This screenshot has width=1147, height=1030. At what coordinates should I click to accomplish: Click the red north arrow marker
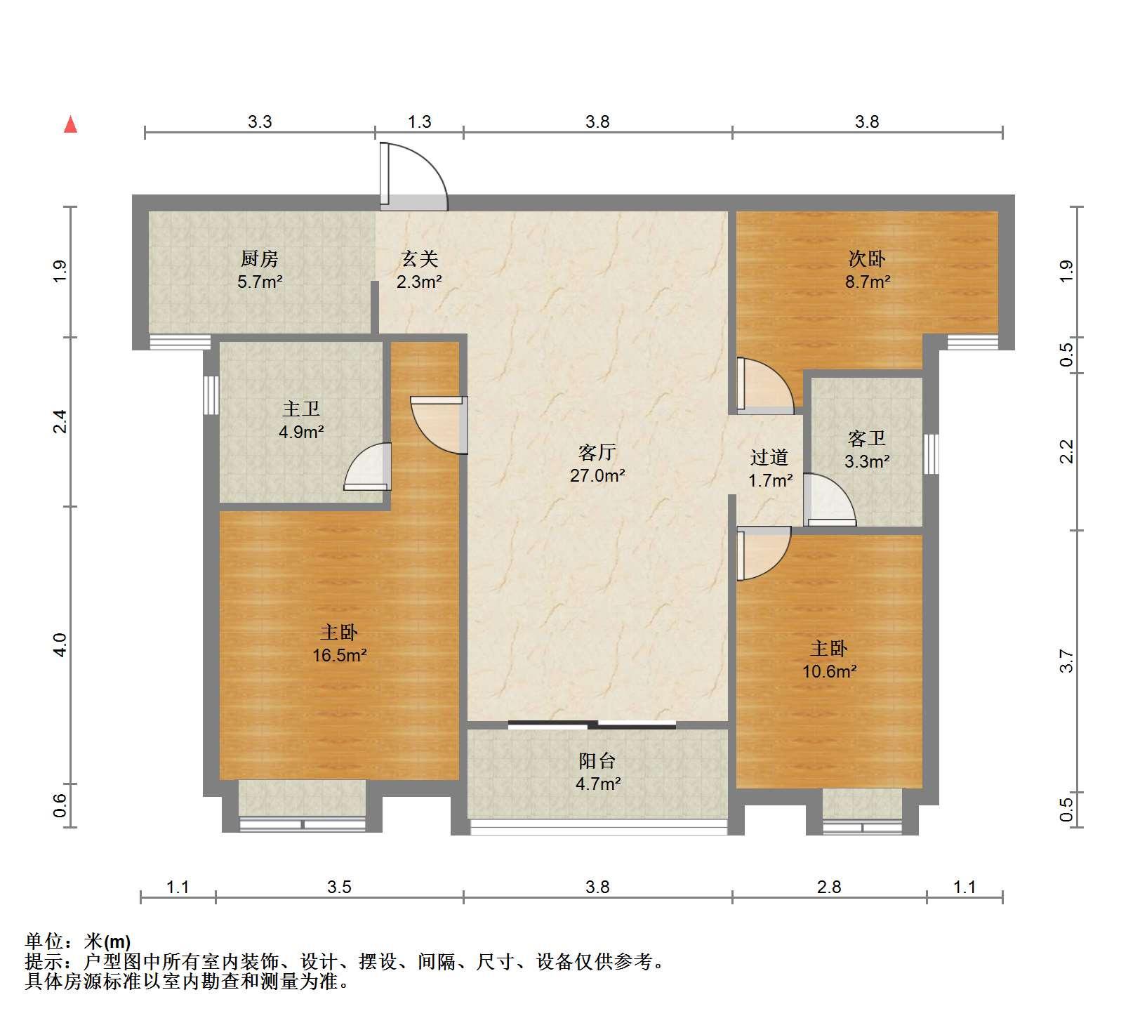point(70,124)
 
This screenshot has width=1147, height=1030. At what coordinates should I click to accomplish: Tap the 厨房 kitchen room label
point(260,259)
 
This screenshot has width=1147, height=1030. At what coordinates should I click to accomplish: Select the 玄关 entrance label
point(420,259)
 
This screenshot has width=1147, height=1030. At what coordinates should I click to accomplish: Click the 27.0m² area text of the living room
point(597,475)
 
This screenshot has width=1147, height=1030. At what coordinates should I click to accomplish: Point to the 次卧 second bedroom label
point(867,259)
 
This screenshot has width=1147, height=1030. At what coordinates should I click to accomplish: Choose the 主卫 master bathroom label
point(301,409)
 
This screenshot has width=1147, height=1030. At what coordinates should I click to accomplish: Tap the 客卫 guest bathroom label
point(867,439)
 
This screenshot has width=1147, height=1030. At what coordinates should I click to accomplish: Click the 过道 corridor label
point(769,458)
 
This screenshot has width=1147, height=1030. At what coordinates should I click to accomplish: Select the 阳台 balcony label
point(597,760)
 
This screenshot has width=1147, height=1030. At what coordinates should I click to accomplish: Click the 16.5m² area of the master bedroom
point(340,656)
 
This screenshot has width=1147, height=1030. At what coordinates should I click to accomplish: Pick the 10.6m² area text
point(829,671)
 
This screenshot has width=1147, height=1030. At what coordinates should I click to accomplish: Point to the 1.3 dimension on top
point(420,121)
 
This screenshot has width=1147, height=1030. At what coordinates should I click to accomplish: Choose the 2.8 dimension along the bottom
point(829,887)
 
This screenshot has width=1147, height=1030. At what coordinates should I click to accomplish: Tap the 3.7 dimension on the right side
point(1066,661)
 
